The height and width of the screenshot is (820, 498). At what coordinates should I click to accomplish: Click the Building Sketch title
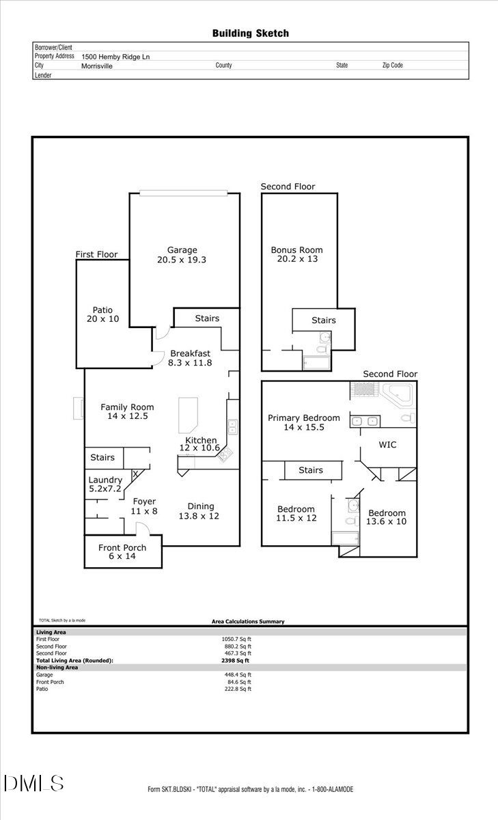tap(250, 33)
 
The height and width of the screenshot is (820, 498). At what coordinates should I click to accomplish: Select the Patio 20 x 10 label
tap(102, 314)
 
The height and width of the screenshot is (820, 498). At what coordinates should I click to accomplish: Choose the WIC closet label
tap(387, 444)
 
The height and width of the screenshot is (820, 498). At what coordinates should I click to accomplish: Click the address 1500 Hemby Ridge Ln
tap(115, 57)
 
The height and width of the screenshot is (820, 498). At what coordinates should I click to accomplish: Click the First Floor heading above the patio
tap(96, 254)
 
